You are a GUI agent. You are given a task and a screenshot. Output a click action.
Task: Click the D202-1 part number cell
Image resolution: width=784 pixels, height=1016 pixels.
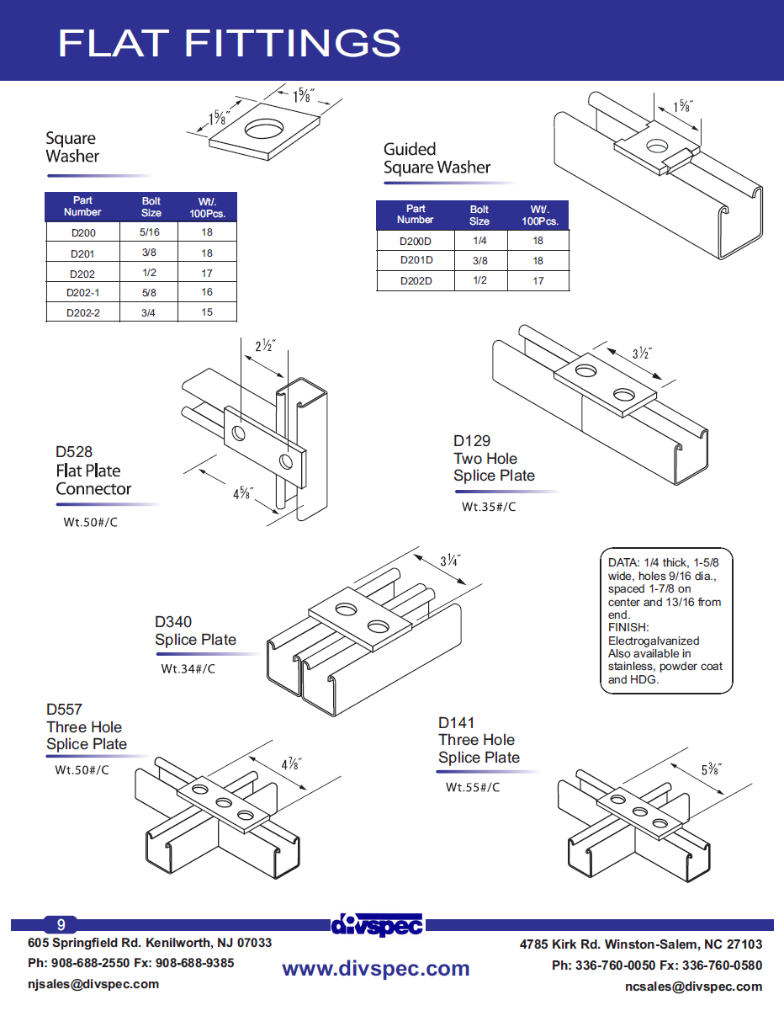(82, 293)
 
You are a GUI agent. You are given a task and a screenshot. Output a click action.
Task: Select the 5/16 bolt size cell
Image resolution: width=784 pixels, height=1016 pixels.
(151, 232)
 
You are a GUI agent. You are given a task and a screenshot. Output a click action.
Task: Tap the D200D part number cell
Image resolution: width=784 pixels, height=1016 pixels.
(416, 241)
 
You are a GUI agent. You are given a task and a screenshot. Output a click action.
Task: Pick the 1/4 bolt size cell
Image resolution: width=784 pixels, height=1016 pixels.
(479, 241)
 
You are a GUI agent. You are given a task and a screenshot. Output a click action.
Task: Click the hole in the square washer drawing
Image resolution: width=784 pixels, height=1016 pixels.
(265, 130)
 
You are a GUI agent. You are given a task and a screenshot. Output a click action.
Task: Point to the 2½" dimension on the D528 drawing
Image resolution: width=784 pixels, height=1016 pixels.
(265, 346)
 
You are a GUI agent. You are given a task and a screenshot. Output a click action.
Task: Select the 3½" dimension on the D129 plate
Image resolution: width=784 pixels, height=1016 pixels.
(643, 354)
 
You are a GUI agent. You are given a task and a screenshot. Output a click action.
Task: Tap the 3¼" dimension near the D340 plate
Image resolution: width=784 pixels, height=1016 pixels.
(450, 561)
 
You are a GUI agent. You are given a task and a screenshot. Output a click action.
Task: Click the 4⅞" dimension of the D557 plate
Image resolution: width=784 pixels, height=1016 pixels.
(291, 764)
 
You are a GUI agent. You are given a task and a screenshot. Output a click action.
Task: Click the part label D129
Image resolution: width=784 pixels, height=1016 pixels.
(472, 441)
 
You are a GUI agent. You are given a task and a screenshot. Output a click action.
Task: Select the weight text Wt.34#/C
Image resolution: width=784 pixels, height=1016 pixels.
(188, 669)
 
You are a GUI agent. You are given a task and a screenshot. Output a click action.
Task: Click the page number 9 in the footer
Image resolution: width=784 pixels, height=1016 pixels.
(61, 924)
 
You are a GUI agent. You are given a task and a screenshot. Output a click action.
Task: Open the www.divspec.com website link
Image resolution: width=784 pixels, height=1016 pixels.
(375, 969)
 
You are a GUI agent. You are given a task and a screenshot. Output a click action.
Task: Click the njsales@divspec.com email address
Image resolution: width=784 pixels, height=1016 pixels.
(93, 984)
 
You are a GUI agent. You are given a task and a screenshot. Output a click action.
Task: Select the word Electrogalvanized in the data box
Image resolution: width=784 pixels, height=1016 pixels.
(654, 641)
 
